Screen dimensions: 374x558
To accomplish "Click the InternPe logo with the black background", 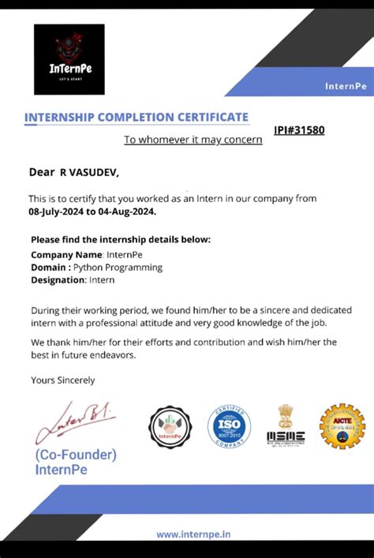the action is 69,59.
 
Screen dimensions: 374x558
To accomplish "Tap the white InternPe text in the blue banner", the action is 344,85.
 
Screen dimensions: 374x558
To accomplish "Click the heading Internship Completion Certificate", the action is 137,118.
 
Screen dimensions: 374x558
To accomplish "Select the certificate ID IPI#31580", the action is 299,130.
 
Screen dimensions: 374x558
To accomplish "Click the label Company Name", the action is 66,255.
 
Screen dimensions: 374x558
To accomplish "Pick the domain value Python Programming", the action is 123,268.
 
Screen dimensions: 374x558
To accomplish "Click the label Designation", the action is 58,280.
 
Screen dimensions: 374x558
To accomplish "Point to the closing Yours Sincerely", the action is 62,380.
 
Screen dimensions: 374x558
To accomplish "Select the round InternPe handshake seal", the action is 170,429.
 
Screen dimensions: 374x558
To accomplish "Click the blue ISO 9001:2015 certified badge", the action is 229,427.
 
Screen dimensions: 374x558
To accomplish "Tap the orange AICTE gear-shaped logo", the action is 342,427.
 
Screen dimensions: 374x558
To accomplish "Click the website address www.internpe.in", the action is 193,534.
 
